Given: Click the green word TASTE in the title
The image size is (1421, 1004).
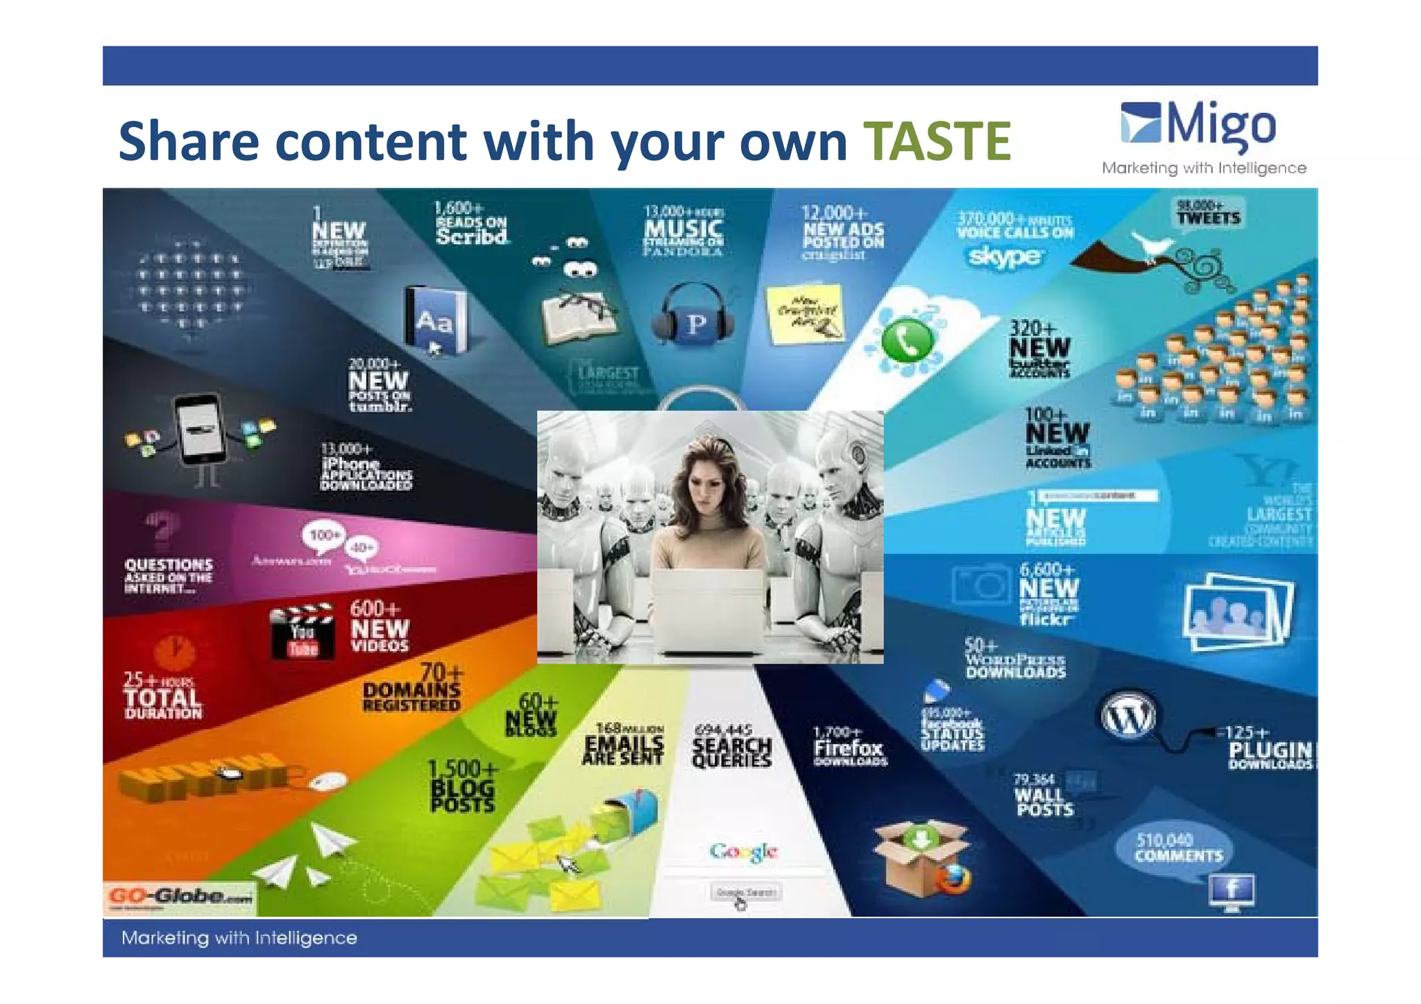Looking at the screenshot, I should coord(937,141).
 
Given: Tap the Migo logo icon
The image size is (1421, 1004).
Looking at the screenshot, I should coord(1141,122).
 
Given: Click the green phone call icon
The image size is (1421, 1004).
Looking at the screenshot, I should coord(906,340).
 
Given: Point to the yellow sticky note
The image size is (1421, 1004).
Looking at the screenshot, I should coord(805,313).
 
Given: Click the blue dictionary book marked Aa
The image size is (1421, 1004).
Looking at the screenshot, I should coord(435,320).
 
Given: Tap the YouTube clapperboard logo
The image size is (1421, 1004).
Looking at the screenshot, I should coord(301,631).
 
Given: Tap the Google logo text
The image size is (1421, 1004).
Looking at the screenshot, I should coord(743,851).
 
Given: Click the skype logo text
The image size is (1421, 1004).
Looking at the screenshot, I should coord(1004,257).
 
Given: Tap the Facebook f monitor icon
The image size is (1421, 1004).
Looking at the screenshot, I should coord(1232,890).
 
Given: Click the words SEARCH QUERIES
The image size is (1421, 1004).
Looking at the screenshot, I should coord(732,752).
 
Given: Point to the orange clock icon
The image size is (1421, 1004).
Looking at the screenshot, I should coord(174,652).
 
